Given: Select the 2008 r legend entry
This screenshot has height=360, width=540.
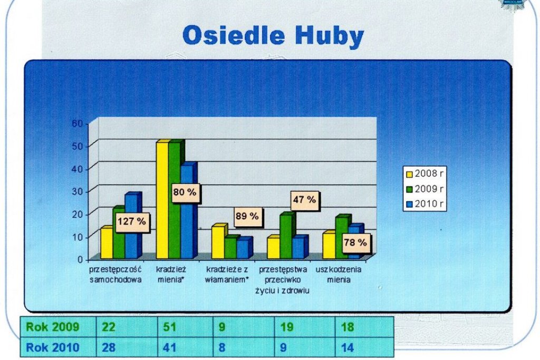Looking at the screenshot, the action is [425, 173].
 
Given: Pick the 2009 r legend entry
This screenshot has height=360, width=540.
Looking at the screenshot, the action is [425, 189].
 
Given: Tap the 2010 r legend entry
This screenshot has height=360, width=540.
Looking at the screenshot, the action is [425, 204].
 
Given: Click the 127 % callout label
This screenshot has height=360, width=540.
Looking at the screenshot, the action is [132, 222].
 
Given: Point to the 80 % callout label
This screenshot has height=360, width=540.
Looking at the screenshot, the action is [185, 192].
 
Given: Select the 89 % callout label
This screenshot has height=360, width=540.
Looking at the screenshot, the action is [247, 217].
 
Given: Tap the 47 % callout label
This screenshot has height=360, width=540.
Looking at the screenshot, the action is [304, 200].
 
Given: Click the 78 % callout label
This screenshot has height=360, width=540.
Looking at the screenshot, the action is [355, 242].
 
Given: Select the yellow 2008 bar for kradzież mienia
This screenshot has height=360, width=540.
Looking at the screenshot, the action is [162, 200].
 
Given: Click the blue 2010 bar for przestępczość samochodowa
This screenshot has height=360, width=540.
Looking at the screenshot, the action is [131, 227].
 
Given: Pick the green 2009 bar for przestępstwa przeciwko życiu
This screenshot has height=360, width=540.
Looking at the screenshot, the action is [286, 237].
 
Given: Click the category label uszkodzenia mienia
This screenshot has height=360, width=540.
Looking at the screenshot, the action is [339, 274].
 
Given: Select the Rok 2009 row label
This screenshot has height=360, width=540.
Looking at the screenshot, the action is [53, 327].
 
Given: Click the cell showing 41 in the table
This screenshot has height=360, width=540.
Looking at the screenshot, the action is [169, 347].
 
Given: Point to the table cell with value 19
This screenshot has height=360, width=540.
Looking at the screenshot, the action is [286, 327].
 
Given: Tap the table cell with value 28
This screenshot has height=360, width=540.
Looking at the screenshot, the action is [109, 347].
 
